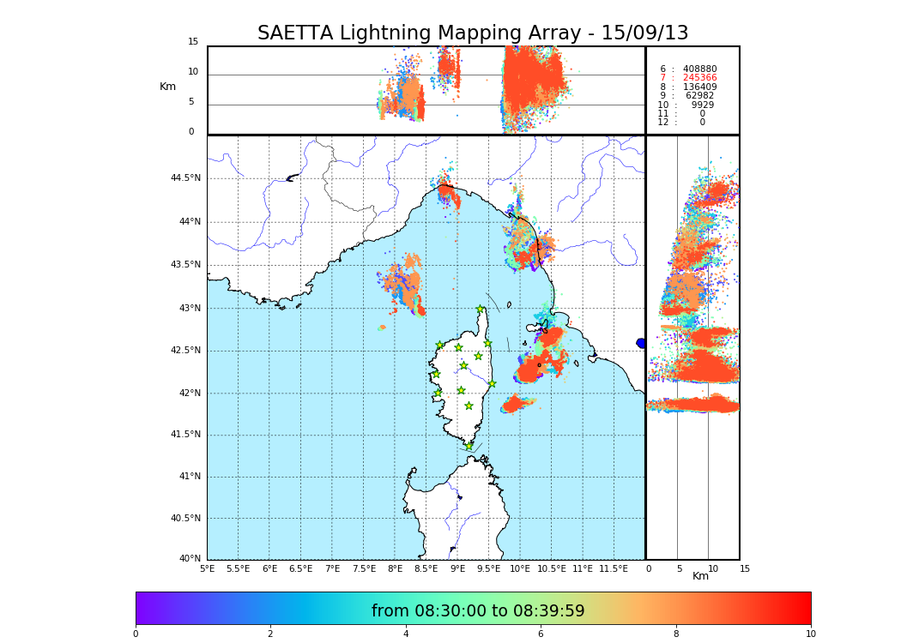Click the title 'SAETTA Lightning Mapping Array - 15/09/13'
tap(473, 33)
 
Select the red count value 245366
tap(699, 78)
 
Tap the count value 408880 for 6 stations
tap(699, 69)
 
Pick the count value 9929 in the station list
tap(702, 105)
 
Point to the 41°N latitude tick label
tap(188, 477)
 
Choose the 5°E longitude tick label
tap(207, 568)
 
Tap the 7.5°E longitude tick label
tap(363, 568)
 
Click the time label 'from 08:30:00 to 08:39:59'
tap(478, 611)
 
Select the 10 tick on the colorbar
tap(811, 634)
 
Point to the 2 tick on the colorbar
tap(270, 634)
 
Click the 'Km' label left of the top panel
tap(167, 87)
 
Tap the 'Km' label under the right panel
tap(701, 576)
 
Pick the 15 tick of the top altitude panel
tap(193, 42)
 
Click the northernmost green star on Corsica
tap(481, 309)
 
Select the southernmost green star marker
tap(469, 446)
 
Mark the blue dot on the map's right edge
tap(641, 343)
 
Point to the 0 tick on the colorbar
tap(136, 634)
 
